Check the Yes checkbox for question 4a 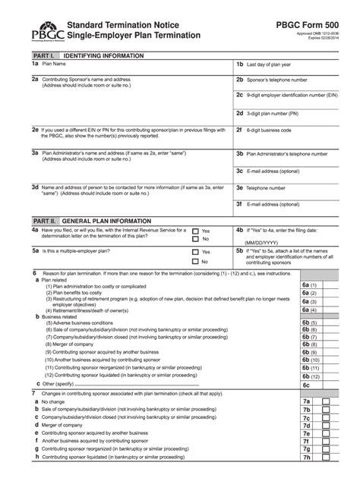click(x=196, y=231)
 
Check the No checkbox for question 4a click(x=196, y=240)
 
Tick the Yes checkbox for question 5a click(x=196, y=252)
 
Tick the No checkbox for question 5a click(x=196, y=261)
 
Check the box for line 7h click(x=327, y=458)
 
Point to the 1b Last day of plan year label click(x=273, y=65)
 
